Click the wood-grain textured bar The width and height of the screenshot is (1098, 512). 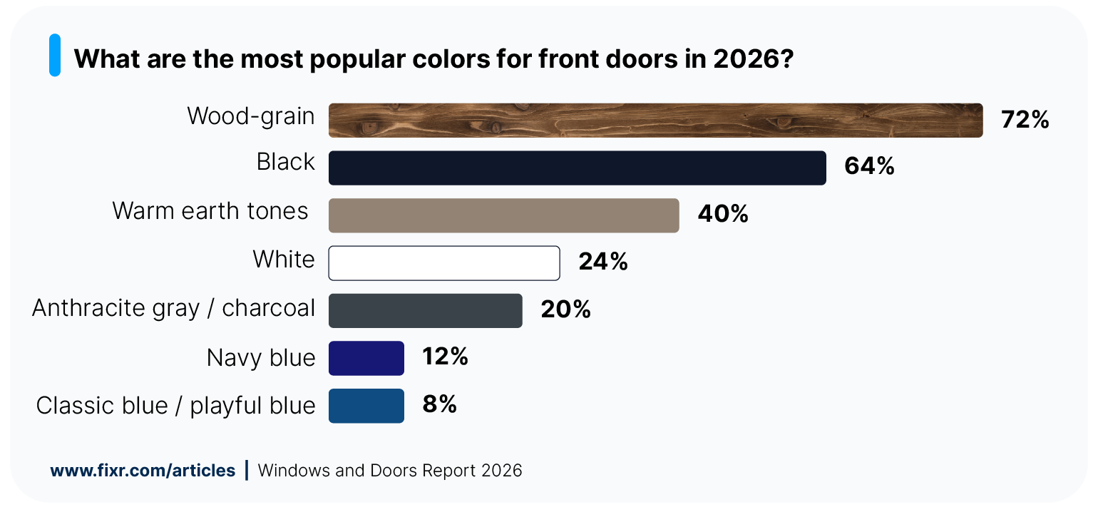point(655,120)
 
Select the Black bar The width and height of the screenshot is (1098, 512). point(577,168)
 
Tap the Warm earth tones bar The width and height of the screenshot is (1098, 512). point(503,215)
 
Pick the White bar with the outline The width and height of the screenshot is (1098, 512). point(443,263)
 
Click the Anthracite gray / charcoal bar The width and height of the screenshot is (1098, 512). point(425,310)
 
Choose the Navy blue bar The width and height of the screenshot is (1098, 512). point(366,358)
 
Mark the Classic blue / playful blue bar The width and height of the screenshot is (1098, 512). point(366,406)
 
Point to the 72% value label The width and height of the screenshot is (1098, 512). point(1025,120)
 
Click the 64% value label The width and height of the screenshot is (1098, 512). point(868,166)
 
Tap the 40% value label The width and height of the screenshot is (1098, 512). point(722,214)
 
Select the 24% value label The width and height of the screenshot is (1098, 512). point(602,262)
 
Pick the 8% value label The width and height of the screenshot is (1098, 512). point(439,404)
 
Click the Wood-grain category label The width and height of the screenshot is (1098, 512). point(250,116)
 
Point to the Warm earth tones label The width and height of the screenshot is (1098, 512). point(210,211)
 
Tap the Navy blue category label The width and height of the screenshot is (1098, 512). point(260,358)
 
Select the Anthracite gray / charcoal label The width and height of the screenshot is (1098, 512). point(173,308)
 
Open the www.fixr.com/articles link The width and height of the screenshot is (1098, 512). point(143,471)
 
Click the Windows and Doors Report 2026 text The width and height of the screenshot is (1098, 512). point(389,471)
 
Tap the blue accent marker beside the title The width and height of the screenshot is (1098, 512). point(55,55)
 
